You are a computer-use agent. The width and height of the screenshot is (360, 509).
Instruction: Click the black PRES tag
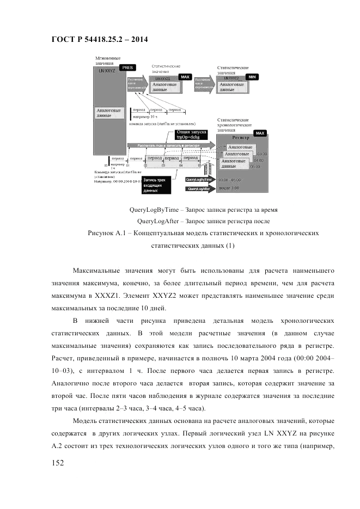[126, 68]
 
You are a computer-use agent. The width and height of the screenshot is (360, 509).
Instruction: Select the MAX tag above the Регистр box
[259, 133]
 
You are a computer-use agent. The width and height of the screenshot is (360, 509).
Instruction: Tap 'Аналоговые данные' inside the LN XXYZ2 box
[231, 87]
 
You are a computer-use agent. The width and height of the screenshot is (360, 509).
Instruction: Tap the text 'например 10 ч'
[145, 117]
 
